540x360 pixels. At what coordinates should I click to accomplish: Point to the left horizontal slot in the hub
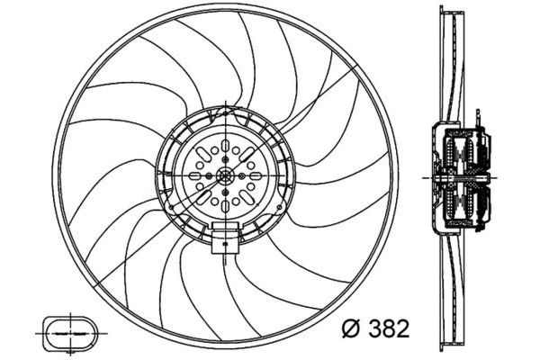pos(194,175)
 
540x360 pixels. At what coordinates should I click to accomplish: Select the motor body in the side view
pos(463,176)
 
